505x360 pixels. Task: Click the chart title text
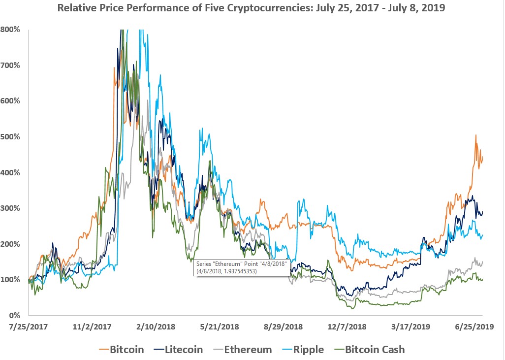coord(252,8)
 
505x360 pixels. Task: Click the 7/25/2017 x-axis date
coord(28,326)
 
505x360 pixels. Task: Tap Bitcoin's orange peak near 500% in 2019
coord(475,135)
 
